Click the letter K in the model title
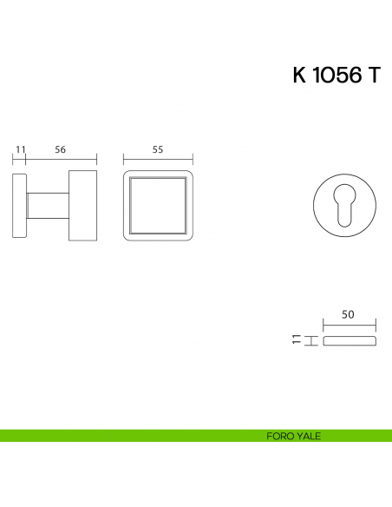(299, 75)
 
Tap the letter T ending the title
(375, 75)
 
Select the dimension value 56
(61, 149)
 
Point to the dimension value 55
(158, 149)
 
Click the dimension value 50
(348, 314)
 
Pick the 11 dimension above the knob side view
(20, 149)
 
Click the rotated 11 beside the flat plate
(297, 339)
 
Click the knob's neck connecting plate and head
(48, 206)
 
